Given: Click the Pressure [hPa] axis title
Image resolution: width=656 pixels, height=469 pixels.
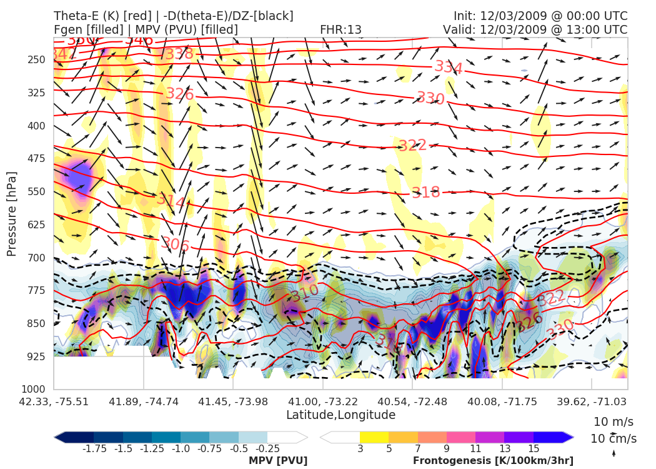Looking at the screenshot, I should tap(12, 213).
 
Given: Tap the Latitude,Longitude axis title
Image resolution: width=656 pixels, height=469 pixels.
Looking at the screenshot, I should tap(340, 415).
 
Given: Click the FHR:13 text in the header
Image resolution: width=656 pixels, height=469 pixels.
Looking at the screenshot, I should tap(340, 30).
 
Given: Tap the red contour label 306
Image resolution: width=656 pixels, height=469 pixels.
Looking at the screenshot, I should tap(175, 245).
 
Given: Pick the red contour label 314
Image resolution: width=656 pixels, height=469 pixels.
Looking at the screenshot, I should tap(171, 201).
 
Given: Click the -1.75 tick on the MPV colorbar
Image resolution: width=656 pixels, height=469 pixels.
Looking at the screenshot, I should tap(94, 448).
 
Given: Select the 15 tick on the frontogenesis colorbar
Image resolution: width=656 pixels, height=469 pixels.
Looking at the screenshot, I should tap(533, 448).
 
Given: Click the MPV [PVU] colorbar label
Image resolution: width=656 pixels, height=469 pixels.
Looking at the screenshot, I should tap(278, 461).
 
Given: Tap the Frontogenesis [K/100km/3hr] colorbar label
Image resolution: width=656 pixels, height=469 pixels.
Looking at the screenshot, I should tap(493, 461).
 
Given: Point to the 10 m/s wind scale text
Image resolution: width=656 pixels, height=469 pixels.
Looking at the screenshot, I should tap(614, 421).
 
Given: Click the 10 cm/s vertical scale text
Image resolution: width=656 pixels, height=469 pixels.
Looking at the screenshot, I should tap(614, 439).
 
